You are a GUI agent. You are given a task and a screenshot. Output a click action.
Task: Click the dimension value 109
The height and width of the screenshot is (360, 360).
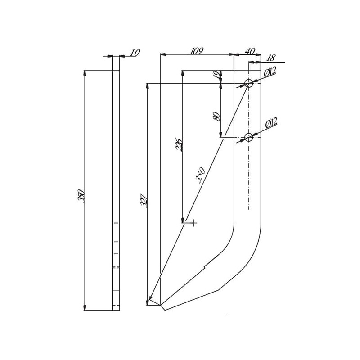[197, 51]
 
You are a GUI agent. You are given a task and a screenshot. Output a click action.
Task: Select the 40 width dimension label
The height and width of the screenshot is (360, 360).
[250, 51]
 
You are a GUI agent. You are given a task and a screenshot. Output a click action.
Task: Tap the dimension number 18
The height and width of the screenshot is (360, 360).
[271, 58]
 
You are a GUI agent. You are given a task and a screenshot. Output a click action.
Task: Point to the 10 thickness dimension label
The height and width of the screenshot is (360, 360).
[135, 53]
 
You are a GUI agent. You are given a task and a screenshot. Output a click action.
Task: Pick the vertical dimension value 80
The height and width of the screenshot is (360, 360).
[217, 117]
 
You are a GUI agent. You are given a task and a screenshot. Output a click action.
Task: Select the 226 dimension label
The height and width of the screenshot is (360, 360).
[179, 144]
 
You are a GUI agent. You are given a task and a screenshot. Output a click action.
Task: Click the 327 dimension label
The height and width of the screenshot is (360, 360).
[144, 201]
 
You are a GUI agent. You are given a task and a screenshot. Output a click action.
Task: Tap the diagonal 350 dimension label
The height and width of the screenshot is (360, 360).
[200, 175]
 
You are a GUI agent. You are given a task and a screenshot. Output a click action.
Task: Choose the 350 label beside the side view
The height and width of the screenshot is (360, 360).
[81, 196]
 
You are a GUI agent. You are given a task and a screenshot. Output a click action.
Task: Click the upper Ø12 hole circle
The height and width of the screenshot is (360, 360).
[249, 83]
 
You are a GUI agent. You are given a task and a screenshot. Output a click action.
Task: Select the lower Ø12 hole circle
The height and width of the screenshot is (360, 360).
[249, 138]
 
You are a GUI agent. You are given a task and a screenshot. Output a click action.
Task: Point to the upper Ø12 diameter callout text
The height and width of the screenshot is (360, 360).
[270, 72]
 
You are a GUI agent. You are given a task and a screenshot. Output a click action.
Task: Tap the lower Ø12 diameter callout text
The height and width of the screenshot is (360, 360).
[271, 123]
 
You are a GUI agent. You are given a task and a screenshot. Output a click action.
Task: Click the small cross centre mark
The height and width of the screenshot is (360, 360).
[194, 223]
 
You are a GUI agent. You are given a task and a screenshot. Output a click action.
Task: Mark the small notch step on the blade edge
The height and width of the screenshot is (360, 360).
[205, 267]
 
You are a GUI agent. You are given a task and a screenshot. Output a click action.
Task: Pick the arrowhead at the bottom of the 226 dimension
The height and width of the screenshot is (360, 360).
[183, 220]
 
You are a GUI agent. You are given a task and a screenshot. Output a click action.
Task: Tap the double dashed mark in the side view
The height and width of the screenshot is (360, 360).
[116, 267]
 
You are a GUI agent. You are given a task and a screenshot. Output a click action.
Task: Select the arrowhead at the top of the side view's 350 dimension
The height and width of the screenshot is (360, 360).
[85, 73]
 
